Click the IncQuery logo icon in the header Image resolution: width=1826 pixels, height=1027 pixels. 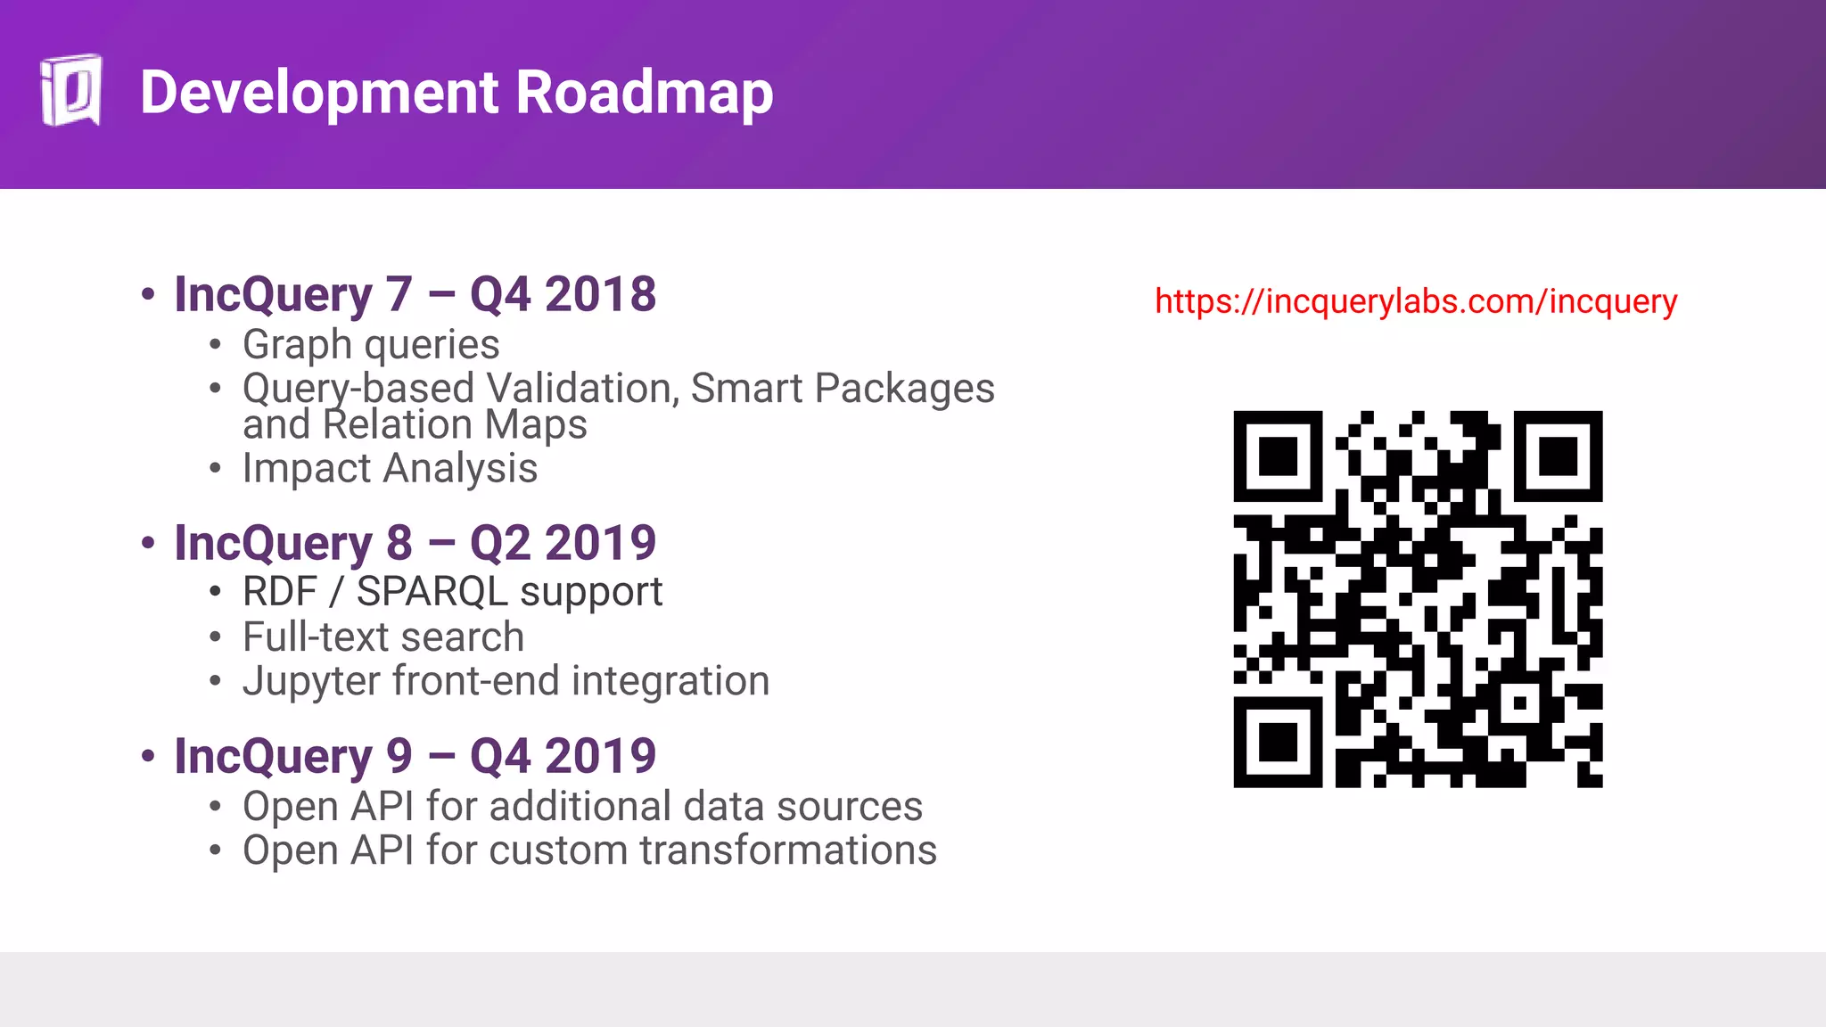coord(70,91)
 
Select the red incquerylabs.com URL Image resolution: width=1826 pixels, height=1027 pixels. coord(1415,301)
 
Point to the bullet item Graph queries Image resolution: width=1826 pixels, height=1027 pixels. coord(370,345)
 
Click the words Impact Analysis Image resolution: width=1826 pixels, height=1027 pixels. coord(390,469)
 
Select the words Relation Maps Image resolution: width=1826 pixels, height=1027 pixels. coord(455,425)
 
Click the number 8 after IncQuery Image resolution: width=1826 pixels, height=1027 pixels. coord(399,543)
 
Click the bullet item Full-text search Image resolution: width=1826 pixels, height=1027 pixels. coord(382,637)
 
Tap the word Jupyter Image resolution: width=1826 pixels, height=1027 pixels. coord(311,682)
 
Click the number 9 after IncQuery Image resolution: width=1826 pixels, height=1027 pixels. coord(399,756)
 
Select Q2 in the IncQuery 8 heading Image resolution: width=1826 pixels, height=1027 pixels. coord(500,543)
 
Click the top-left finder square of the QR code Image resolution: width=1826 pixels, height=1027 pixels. coord(1278,456)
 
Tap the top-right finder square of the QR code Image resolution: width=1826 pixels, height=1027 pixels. coord(1558,456)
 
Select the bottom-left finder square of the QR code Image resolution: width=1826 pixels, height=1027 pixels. coord(1278,743)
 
